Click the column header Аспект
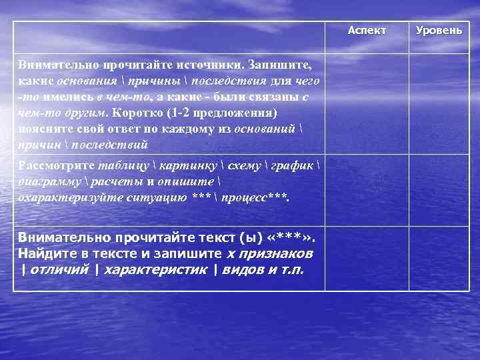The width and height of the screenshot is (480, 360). [367, 31]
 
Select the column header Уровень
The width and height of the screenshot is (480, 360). [438, 31]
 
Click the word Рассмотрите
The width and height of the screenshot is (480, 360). [56, 166]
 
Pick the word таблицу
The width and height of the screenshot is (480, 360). [122, 166]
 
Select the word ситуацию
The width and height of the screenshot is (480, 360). [146, 197]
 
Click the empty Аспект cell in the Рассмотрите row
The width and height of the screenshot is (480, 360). [367, 191]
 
